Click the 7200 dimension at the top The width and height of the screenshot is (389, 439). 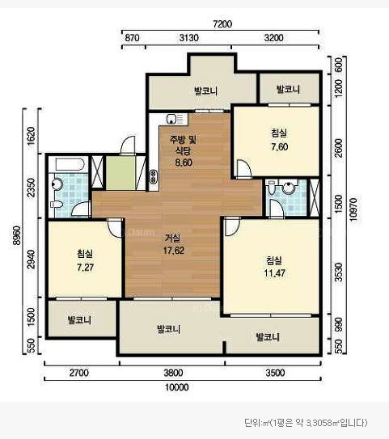(x=222, y=24)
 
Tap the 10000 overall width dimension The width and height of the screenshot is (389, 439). (x=177, y=387)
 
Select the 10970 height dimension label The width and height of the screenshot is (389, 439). (x=353, y=209)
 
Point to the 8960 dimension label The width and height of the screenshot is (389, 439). (x=16, y=235)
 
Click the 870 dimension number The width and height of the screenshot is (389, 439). (x=132, y=38)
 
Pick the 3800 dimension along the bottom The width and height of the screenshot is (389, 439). (x=174, y=373)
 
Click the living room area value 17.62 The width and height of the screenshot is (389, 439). (x=174, y=251)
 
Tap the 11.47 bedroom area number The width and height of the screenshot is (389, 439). (x=274, y=273)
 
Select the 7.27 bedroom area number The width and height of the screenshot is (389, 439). (x=85, y=268)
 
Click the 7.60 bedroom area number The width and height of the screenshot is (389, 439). (x=280, y=146)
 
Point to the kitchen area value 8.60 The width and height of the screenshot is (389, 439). (x=184, y=163)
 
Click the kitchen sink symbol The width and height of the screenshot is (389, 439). (x=175, y=119)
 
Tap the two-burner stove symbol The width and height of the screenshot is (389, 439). (x=153, y=177)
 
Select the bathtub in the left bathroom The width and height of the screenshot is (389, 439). (x=70, y=164)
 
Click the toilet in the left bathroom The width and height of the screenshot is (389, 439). (x=57, y=205)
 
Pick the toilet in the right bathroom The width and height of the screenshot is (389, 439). (x=272, y=188)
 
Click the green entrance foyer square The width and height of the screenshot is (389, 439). (x=121, y=173)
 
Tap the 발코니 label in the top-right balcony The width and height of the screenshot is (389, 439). (x=288, y=89)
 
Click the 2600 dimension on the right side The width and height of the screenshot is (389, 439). (x=338, y=148)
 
